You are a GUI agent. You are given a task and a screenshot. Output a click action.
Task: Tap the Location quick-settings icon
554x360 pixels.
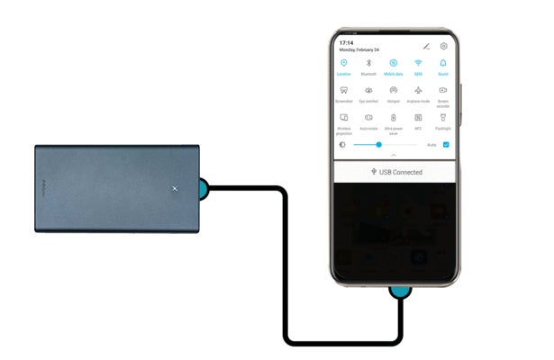[343, 63]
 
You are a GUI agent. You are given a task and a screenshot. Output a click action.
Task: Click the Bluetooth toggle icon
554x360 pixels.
[368, 63]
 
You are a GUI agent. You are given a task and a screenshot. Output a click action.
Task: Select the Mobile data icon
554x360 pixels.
[394, 63]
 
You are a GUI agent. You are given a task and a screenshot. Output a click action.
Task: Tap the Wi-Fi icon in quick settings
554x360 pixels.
[418, 63]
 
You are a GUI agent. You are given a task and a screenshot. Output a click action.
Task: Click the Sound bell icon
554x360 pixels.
[443, 63]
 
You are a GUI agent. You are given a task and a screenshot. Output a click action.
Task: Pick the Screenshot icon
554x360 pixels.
[343, 90]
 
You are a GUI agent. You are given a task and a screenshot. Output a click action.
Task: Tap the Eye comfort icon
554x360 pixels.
[368, 90]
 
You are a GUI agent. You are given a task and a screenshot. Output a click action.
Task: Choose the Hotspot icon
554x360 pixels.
[394, 90]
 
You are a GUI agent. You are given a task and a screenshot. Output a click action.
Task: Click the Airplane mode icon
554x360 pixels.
[418, 90]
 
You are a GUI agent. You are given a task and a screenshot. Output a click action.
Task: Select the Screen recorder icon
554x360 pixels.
[443, 90]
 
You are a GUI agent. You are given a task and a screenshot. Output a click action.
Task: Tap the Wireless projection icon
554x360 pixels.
[343, 117]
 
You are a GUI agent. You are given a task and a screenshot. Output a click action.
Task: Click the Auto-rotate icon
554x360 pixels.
[368, 117]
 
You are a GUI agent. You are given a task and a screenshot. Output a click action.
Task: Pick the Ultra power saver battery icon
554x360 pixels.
[394, 117]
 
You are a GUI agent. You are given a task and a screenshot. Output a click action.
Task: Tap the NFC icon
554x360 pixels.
[418, 117]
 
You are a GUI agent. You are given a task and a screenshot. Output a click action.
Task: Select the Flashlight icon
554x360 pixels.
[443, 117]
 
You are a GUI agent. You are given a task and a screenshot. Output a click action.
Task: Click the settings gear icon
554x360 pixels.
[444, 45]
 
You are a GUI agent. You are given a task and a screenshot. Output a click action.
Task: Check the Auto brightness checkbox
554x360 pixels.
[446, 144]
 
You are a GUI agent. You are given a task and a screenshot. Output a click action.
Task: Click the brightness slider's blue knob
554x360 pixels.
[379, 144]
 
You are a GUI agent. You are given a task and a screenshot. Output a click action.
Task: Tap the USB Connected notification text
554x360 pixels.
[400, 171]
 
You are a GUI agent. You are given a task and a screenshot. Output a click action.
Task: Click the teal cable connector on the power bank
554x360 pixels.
[204, 188]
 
